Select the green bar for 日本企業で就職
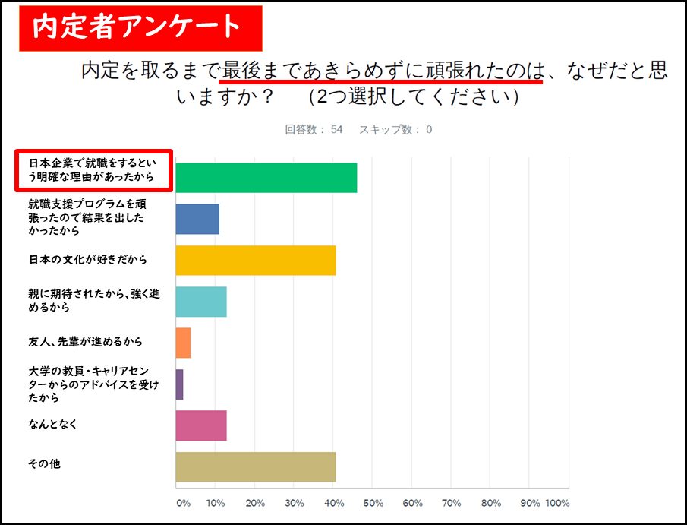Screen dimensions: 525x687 [266, 178]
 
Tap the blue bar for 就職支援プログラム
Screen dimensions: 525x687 [197, 219]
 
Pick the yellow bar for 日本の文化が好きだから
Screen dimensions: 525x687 [255, 260]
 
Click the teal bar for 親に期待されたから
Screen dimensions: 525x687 [201, 302]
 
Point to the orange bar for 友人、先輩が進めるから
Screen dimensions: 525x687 [183, 343]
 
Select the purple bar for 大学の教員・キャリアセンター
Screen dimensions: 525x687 [179, 384]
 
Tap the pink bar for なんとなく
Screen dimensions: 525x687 [201, 425]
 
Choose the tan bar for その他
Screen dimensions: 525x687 [255, 466]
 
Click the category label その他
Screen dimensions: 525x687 [45, 463]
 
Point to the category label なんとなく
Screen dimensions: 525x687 [53, 422]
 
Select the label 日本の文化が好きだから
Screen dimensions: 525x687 [87, 259]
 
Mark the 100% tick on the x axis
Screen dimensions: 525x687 [557, 503]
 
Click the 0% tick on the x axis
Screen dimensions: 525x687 [182, 503]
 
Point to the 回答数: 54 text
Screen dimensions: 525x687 [314, 129]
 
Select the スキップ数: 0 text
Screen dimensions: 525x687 [395, 129]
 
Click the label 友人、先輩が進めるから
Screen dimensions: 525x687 [85, 341]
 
